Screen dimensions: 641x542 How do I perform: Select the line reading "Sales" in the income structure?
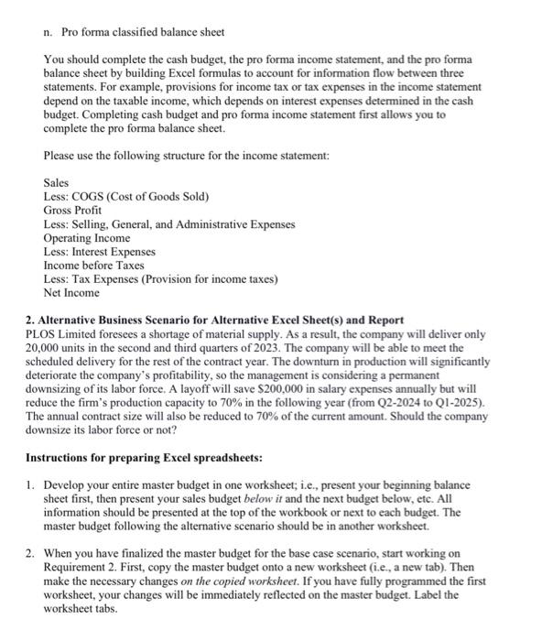(56, 183)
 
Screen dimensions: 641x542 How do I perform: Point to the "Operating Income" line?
(87, 237)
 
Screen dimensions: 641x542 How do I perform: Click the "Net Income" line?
(71, 292)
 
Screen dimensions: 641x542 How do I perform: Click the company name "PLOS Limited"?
(61, 334)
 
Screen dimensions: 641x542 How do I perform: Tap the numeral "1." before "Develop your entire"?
(30, 484)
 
